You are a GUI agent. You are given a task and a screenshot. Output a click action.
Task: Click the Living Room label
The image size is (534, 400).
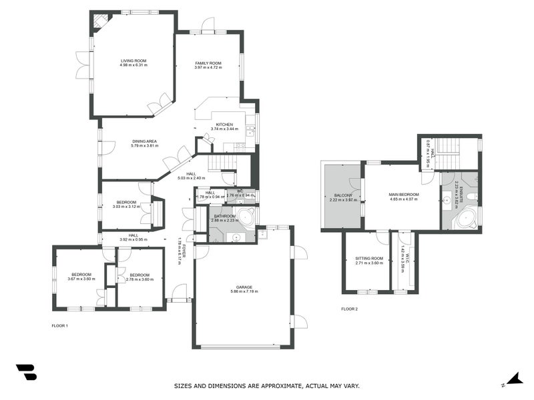[133, 61]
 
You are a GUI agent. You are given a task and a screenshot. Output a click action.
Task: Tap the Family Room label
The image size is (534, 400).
[208, 63]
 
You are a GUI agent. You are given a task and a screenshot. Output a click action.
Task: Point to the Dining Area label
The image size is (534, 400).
[144, 141]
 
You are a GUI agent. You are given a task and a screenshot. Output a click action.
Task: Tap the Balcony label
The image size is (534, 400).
[343, 195]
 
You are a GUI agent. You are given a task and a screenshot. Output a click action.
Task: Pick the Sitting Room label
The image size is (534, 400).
[369, 258]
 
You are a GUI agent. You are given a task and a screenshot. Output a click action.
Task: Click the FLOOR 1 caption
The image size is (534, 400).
[60, 325]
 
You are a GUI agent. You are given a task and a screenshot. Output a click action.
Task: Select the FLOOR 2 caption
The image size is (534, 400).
[349, 309]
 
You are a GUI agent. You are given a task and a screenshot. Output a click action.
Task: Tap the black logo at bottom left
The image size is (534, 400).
[26, 372]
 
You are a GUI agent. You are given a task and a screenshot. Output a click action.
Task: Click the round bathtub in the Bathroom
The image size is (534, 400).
[246, 217]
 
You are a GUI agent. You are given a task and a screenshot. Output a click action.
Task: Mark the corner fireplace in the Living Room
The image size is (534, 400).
[100, 21]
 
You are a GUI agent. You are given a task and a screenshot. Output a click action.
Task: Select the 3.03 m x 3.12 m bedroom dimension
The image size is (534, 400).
[126, 207]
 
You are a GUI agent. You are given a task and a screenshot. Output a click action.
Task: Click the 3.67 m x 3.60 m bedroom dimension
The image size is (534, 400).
[81, 279]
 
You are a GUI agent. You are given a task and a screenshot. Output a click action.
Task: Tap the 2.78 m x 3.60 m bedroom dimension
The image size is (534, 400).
[140, 279]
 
